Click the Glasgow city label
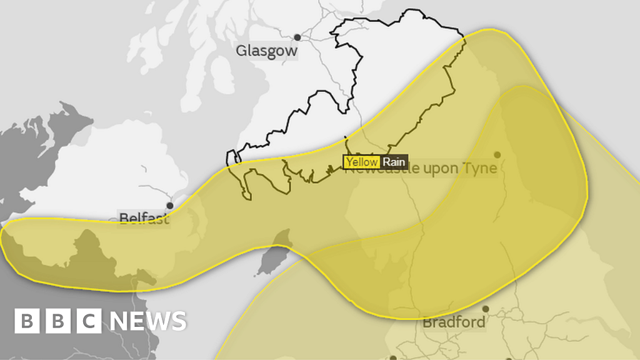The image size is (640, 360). [266, 51]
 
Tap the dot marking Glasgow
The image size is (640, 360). [297, 37]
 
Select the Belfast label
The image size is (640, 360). [144, 219]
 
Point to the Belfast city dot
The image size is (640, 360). [170, 205]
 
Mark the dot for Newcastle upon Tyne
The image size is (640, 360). [497, 154]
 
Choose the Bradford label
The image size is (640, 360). [454, 322]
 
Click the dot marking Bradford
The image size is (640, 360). [486, 309]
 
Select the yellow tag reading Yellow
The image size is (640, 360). [362, 162]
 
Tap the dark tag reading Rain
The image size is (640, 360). [394, 162]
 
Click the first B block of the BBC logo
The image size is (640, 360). [27, 321]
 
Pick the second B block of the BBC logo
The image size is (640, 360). [58, 321]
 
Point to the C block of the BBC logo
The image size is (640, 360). [89, 321]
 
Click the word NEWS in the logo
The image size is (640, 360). [148, 321]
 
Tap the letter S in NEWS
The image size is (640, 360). [177, 321]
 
